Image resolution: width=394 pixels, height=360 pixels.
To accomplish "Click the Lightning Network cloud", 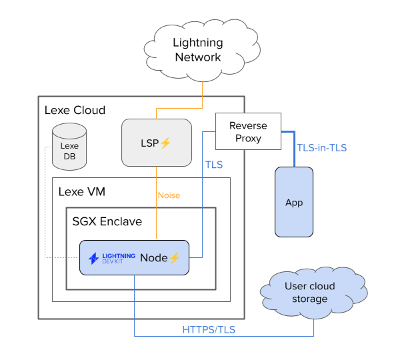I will (197, 50).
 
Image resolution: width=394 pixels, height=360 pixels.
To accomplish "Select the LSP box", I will (156, 143).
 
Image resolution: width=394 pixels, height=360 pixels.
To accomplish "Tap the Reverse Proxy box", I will (247, 132).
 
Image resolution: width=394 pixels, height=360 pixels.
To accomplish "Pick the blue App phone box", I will (293, 201).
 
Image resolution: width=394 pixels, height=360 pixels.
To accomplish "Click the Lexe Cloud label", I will (75, 110).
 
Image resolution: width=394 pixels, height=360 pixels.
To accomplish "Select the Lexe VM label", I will (82, 191).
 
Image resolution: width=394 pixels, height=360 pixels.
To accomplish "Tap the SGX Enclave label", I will (107, 221).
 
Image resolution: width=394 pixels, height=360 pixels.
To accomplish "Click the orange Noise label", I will (169, 195).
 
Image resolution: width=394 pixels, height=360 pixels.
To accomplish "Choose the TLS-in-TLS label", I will (321, 148).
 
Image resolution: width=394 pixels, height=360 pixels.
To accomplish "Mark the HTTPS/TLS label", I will (209, 329).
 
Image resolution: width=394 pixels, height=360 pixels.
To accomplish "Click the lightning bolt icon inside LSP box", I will (166, 143).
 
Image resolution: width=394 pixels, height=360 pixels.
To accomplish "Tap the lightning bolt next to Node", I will (175, 257).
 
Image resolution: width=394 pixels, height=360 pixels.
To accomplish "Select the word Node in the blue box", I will (153, 257).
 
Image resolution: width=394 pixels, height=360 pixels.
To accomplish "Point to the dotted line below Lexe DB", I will (45, 213).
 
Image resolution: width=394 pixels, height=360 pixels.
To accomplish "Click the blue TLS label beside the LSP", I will (213, 164).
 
